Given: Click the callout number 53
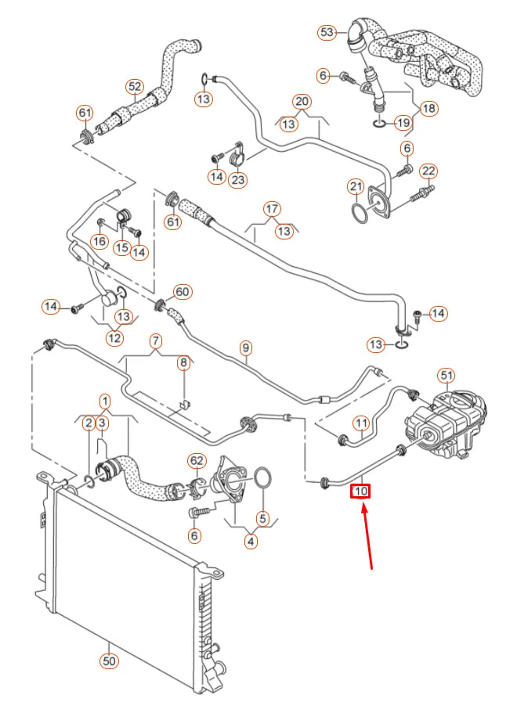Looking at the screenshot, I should pos(327,32).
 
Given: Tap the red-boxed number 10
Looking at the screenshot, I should pos(360,491).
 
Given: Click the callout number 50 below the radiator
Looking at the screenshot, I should pos(110,661).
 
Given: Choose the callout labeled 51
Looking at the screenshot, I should pos(446,376).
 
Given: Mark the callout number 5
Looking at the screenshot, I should pos(262,517).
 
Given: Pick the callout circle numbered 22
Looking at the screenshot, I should pos(428,171).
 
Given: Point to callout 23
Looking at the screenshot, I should pos(237,180).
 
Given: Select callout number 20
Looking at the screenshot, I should pos(302,102).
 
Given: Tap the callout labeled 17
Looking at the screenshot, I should pos(272,209).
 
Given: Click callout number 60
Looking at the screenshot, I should pos(182,292).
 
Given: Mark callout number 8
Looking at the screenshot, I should pos(183,362).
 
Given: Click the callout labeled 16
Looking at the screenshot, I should pos(99,242).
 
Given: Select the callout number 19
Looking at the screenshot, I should pos(403,122).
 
